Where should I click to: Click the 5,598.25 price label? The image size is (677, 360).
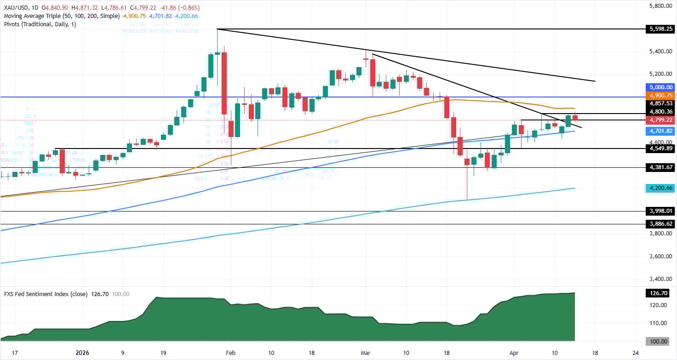click(x=660, y=29)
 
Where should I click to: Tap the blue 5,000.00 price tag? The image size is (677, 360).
click(x=660, y=87)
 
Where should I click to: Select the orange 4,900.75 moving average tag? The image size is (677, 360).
click(x=660, y=95)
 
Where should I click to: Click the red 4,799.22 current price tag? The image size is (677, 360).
click(x=660, y=120)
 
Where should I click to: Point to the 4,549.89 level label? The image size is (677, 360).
click(x=660, y=149)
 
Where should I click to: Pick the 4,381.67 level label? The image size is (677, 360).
click(x=660, y=167)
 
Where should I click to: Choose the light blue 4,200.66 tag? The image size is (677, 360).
click(x=660, y=188)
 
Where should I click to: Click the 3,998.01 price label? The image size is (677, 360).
click(x=660, y=211)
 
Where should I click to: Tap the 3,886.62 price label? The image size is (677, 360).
click(x=660, y=224)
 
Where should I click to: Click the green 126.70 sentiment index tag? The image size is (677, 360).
click(x=660, y=292)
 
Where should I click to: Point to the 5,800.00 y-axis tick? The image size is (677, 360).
click(x=660, y=6)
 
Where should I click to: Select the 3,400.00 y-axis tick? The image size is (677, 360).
click(x=660, y=279)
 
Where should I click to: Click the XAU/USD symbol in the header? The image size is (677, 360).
click(x=16, y=8)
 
